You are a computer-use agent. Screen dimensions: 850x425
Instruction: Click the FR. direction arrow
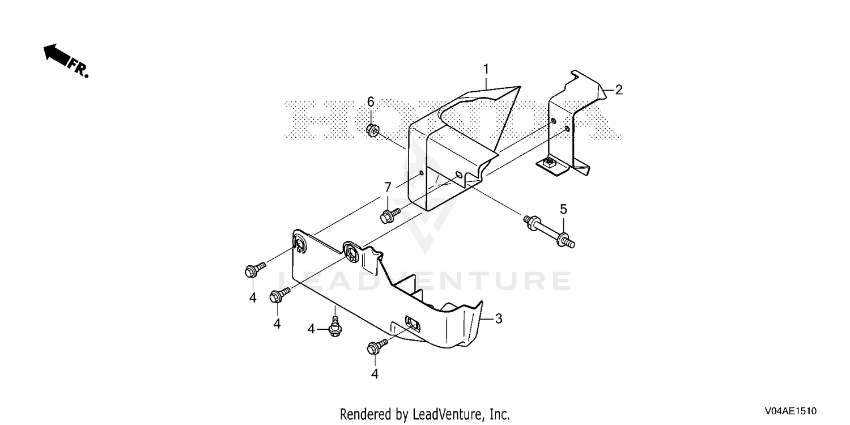[x=57, y=55]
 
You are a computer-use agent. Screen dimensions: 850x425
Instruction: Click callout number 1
[x=486, y=70]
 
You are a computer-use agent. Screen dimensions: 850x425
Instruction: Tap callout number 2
[x=619, y=90]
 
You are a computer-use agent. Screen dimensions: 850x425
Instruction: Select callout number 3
[x=499, y=318]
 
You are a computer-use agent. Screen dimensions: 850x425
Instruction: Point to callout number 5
[x=563, y=209]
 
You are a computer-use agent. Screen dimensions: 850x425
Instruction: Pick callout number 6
[x=371, y=101]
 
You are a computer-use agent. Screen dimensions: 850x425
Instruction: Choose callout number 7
[x=388, y=187]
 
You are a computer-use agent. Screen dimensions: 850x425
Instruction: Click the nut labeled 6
[x=372, y=130]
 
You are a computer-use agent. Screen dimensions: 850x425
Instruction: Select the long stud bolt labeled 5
[x=549, y=231]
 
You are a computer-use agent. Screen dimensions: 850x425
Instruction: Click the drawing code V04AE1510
[x=790, y=411]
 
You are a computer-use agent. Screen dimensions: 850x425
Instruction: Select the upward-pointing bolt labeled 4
[x=335, y=327]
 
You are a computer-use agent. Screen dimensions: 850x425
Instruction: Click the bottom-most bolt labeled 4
[x=377, y=346]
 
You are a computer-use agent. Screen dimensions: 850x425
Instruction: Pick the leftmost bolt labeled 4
[x=255, y=269]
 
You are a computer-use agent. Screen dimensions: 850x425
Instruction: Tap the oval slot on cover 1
[x=458, y=175]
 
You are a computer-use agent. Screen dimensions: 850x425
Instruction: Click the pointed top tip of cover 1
[x=519, y=87]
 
